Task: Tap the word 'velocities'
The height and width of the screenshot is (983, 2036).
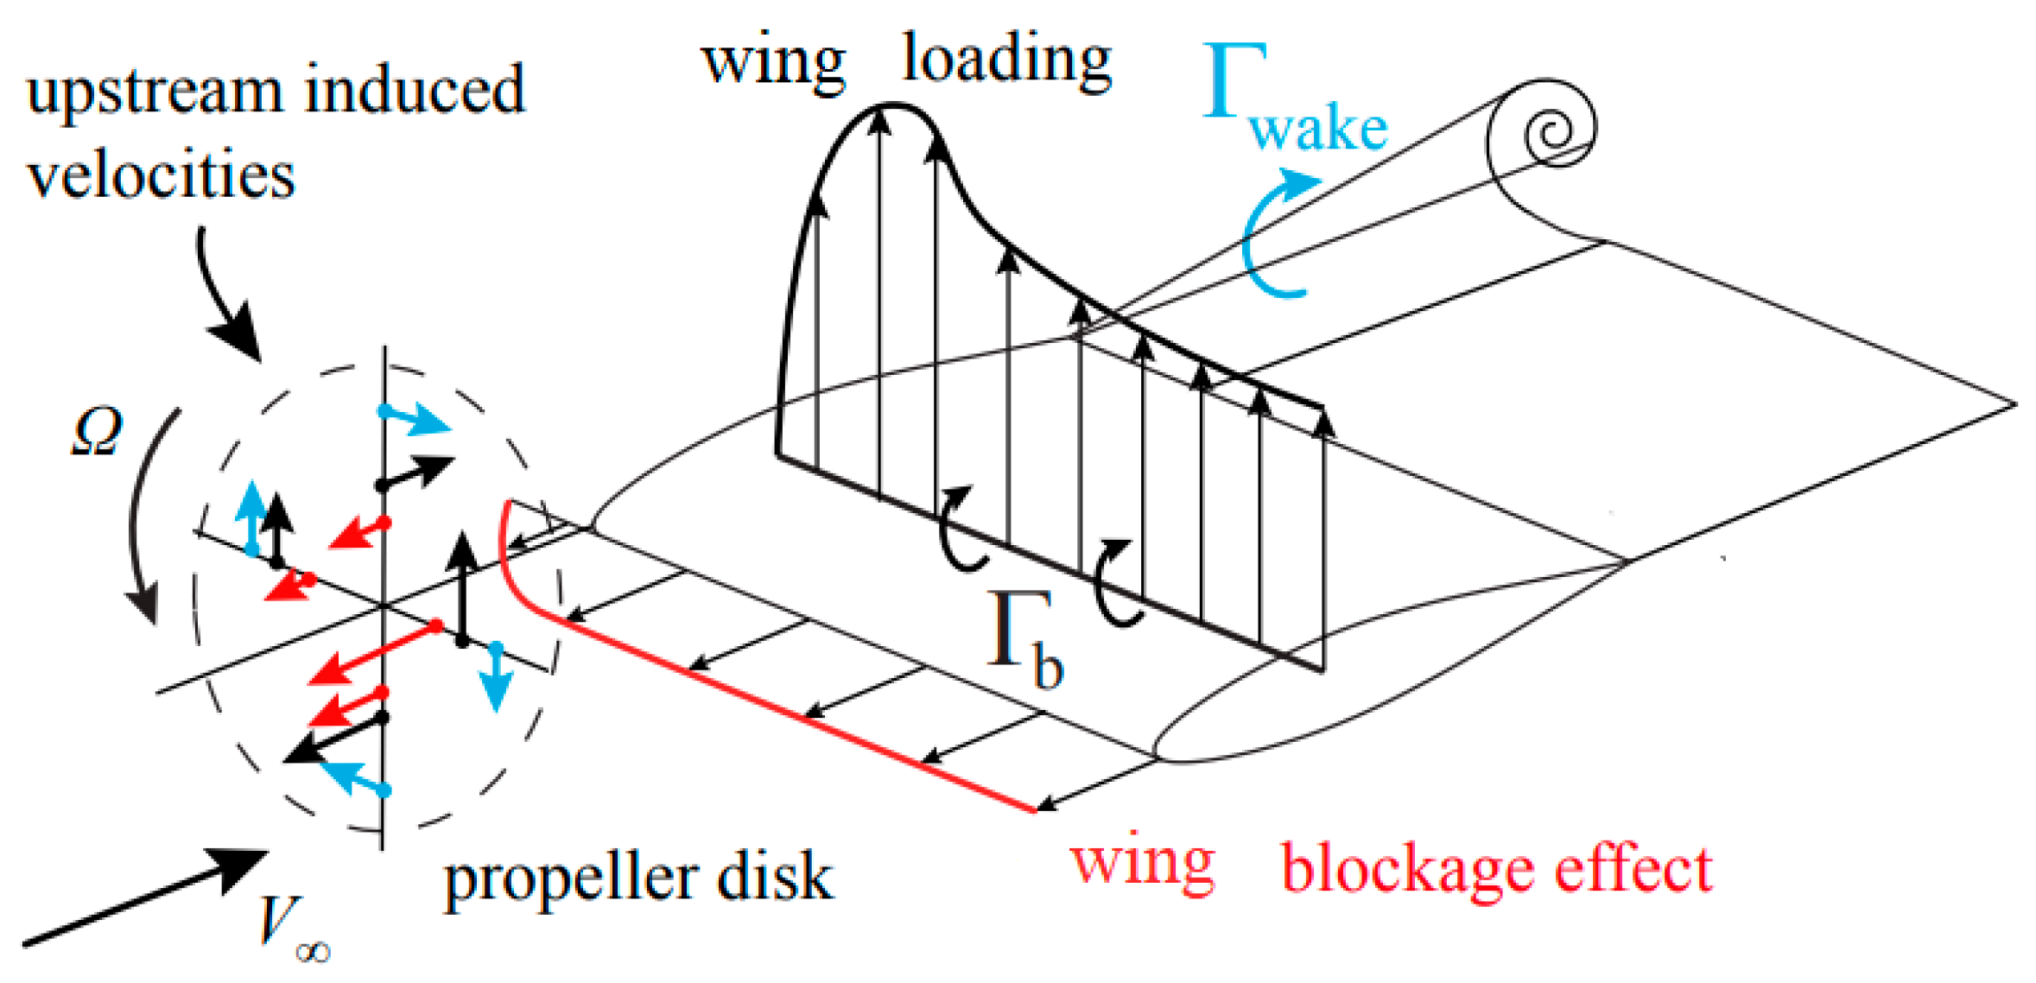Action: click(x=161, y=175)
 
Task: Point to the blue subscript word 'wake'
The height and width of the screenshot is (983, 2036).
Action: click(x=1318, y=130)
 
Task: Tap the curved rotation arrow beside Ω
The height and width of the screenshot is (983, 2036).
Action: click(x=143, y=518)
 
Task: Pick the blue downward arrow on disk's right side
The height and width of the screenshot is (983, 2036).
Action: click(x=496, y=678)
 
